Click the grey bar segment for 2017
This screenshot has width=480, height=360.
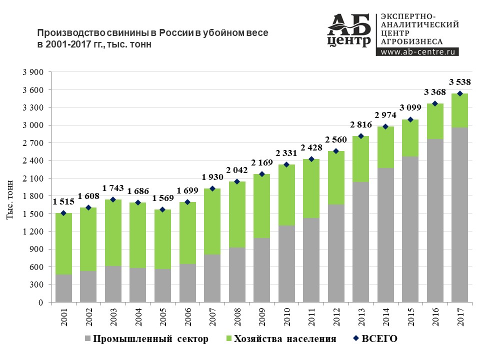(x=459, y=215)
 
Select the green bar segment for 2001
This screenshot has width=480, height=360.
(x=63, y=243)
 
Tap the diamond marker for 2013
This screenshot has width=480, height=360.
(x=360, y=136)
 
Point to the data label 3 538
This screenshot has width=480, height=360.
(x=459, y=82)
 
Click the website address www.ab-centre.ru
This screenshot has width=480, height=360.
(x=419, y=51)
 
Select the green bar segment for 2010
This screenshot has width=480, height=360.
(x=286, y=195)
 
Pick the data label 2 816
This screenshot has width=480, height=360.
(x=360, y=124)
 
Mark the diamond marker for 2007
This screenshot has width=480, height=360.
(x=212, y=188)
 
